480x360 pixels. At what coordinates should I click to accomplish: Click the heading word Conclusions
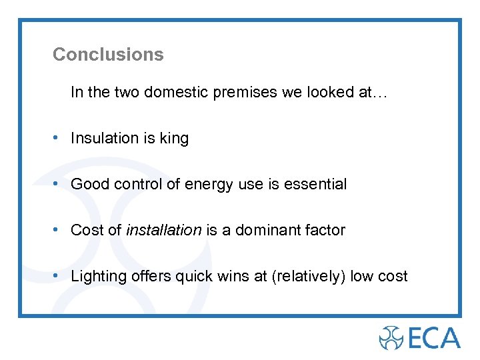click(x=108, y=55)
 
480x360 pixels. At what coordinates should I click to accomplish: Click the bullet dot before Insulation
click(x=59, y=138)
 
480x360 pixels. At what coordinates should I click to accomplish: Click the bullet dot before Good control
click(x=59, y=184)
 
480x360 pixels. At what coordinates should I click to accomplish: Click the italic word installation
click(x=163, y=231)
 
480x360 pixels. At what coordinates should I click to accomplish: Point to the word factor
click(x=324, y=231)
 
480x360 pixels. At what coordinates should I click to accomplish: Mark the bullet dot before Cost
click(x=59, y=230)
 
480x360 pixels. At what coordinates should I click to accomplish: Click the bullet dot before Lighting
click(x=59, y=276)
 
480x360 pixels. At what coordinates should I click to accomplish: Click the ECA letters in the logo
click(x=435, y=337)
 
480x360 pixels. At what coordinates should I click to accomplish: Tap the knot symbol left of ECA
click(x=392, y=337)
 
